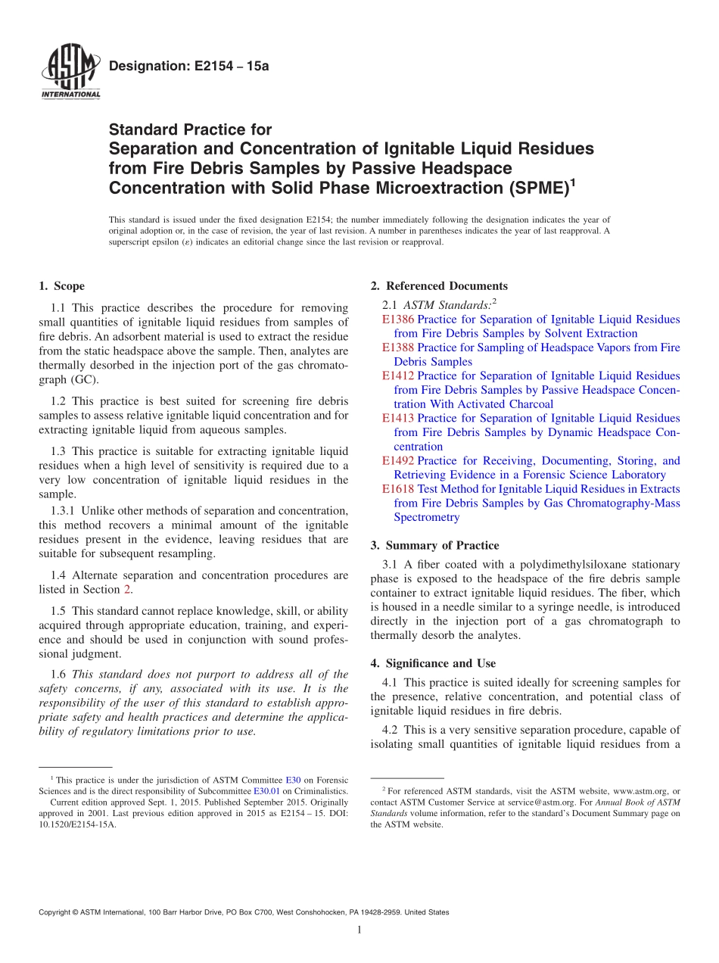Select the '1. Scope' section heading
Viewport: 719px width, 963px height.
pos(61,286)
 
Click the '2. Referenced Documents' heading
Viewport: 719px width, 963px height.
pos(439,286)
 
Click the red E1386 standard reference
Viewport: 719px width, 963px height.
pos(397,319)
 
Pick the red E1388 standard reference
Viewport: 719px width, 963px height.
pos(397,347)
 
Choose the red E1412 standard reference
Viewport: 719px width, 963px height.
pos(397,376)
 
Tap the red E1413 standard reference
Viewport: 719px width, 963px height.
pos(397,418)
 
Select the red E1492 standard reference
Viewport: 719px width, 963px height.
pos(397,460)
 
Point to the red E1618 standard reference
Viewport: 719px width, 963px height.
pos(397,489)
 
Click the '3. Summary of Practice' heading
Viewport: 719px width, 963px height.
pos(434,545)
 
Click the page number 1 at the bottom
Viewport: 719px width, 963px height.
pos(359,930)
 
